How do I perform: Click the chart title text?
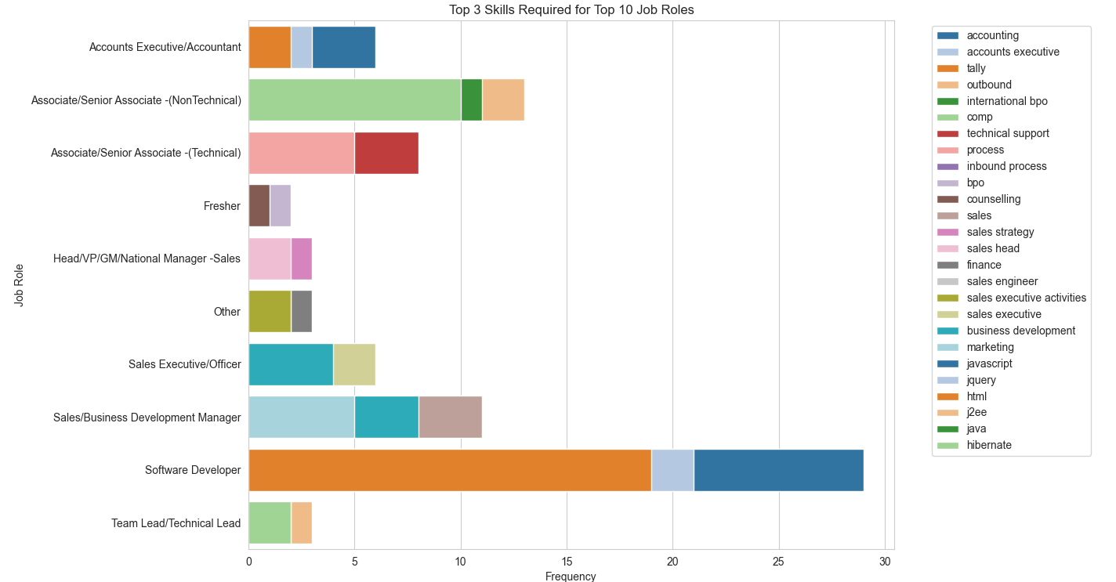[x=571, y=10]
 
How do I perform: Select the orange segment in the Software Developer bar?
[x=450, y=470]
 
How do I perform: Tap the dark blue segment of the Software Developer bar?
[x=778, y=470]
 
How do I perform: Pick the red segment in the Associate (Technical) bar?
[x=386, y=152]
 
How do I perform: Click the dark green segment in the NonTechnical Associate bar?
[x=471, y=99]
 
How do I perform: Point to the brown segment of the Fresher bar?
[x=259, y=205]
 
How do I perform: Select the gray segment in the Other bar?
[x=302, y=311]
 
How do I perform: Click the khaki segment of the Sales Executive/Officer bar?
[x=354, y=364]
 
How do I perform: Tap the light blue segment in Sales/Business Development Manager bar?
[x=302, y=417]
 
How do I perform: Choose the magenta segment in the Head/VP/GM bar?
[x=302, y=258]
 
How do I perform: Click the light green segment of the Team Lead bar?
[x=270, y=522]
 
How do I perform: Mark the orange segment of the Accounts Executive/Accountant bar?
[x=270, y=47]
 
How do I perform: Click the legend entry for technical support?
[x=1007, y=133]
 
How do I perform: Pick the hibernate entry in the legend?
[x=989, y=445]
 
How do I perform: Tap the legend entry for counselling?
[x=993, y=199]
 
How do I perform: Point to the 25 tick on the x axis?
[x=779, y=562]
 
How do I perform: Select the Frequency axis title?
[x=571, y=577]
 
